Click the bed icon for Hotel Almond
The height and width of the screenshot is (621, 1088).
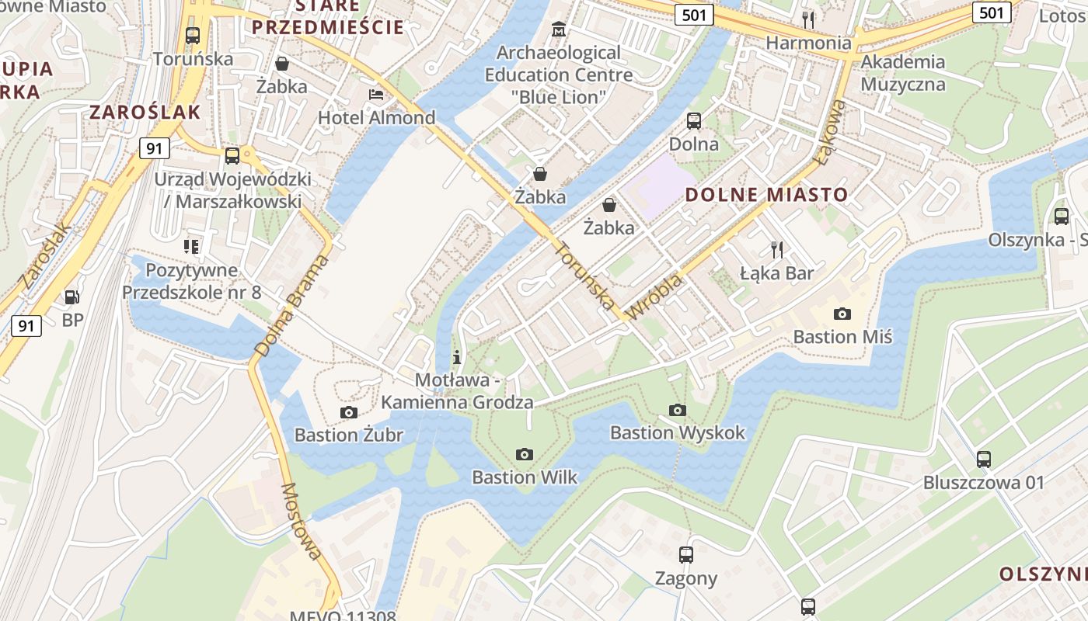click(376, 95)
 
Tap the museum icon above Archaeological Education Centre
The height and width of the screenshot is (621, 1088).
click(558, 30)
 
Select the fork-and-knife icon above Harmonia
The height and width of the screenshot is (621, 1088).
click(808, 19)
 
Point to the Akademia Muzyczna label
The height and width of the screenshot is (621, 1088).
click(903, 73)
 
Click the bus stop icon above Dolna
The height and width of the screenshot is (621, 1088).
click(693, 121)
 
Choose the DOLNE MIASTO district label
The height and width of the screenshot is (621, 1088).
click(767, 194)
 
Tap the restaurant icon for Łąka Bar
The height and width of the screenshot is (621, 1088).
click(776, 249)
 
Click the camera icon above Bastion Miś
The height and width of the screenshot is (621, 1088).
click(842, 314)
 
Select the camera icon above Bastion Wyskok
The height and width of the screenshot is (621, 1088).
click(678, 410)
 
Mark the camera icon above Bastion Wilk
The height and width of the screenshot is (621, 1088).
click(525, 454)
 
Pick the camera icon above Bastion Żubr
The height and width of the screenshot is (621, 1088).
click(348, 412)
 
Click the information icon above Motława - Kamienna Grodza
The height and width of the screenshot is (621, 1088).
click(457, 357)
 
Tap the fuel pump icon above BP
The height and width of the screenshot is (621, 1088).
click(71, 297)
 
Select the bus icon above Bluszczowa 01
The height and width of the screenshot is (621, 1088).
click(984, 459)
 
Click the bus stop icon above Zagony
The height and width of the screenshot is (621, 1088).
click(685, 554)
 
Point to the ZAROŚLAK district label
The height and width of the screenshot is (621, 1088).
click(145, 112)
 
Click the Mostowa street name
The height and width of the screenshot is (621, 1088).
click(301, 521)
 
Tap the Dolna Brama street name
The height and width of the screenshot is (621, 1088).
click(292, 306)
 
